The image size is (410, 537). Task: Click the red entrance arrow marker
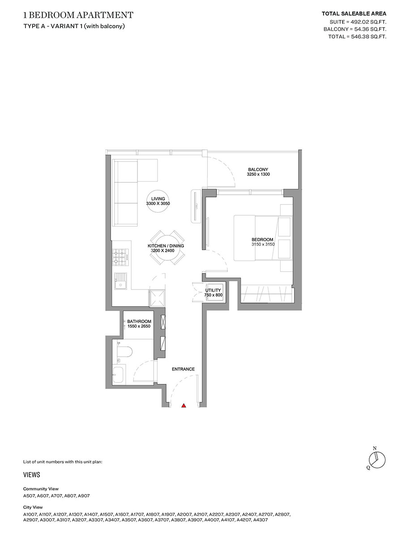point(184,406)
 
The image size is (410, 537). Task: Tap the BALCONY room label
point(258,169)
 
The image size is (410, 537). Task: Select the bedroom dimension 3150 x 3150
point(263,244)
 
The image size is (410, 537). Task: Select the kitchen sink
point(120,282)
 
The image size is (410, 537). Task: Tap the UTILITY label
point(213,290)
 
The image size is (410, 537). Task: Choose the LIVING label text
point(158,199)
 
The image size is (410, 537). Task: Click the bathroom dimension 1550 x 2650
point(139,327)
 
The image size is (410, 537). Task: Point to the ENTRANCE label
point(183,369)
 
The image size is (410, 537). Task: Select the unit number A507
point(29,496)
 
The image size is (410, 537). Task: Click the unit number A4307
point(261,520)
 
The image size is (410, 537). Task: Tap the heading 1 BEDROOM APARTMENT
point(78,15)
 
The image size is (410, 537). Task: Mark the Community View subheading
point(41,489)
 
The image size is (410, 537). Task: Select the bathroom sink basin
point(119,375)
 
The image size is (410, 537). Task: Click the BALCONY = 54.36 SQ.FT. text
point(355,29)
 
